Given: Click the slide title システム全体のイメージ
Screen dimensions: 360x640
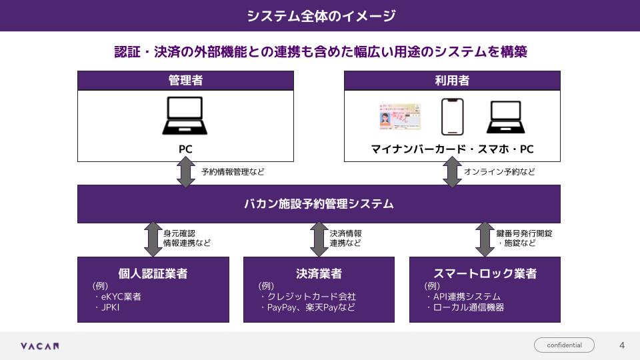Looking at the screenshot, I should [x=320, y=16].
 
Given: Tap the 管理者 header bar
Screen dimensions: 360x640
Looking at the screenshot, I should [x=185, y=81].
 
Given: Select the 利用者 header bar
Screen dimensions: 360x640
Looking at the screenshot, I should [x=452, y=81].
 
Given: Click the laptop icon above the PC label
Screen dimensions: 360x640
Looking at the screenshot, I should [x=185, y=116].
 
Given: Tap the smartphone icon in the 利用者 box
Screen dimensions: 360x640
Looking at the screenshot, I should [x=452, y=117].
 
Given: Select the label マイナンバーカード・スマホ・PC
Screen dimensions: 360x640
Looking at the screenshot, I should [x=452, y=149].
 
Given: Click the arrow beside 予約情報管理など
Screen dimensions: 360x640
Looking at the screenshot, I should [x=185, y=173].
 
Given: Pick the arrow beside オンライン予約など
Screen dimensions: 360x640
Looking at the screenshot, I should [x=452, y=173].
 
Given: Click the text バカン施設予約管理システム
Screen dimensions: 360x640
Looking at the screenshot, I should [x=319, y=204].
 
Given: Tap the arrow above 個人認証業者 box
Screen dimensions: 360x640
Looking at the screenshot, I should [x=153, y=239].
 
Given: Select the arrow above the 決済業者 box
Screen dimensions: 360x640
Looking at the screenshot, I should [x=319, y=239].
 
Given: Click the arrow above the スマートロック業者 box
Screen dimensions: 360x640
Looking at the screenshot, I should [x=485, y=239].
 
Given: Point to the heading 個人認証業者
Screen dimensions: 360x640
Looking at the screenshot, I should [x=153, y=273].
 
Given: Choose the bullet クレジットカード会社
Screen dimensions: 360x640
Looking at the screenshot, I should [x=311, y=297].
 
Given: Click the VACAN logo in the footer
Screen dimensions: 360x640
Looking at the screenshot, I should [x=39, y=346].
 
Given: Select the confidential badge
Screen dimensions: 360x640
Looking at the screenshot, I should [x=564, y=345].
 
